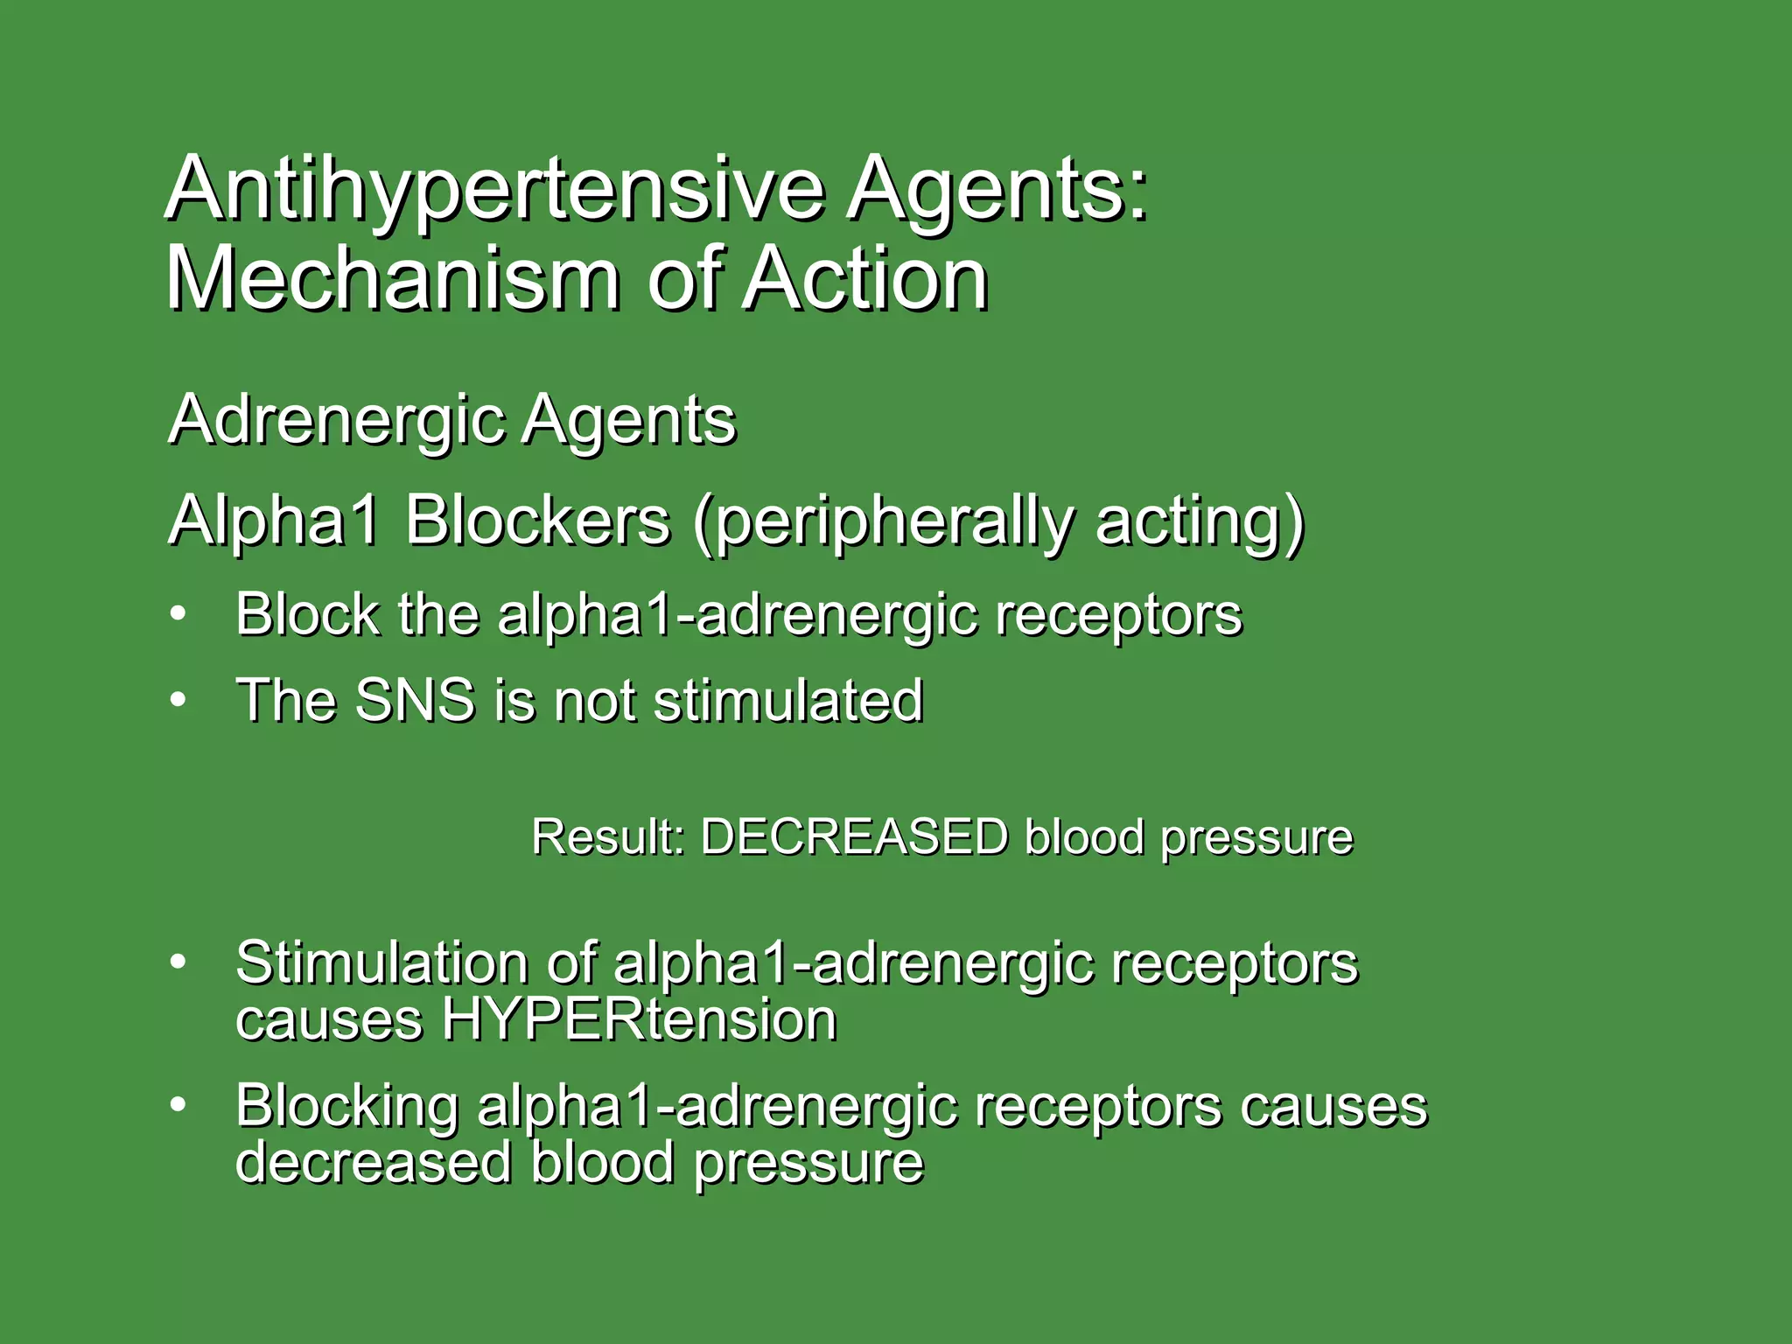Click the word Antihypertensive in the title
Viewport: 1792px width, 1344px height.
pyautogui.click(x=494, y=190)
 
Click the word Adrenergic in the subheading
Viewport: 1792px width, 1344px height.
pyautogui.click(x=337, y=421)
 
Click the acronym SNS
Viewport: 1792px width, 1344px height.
pyautogui.click(x=415, y=700)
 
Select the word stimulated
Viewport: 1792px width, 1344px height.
pyautogui.click(x=787, y=700)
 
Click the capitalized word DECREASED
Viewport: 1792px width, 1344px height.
pyautogui.click(x=854, y=836)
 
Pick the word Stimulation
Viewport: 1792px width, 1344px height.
pyautogui.click(x=381, y=962)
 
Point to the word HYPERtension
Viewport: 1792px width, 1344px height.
pyautogui.click(x=639, y=1020)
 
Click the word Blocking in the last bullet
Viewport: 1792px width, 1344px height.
pyautogui.click(x=346, y=1106)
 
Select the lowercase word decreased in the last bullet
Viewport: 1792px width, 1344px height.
pyautogui.click(x=374, y=1163)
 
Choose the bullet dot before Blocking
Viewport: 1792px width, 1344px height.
pyautogui.click(x=178, y=1105)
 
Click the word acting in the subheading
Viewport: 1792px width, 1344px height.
pyautogui.click(x=1198, y=522)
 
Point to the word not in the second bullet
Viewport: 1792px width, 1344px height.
pyautogui.click(x=595, y=700)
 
